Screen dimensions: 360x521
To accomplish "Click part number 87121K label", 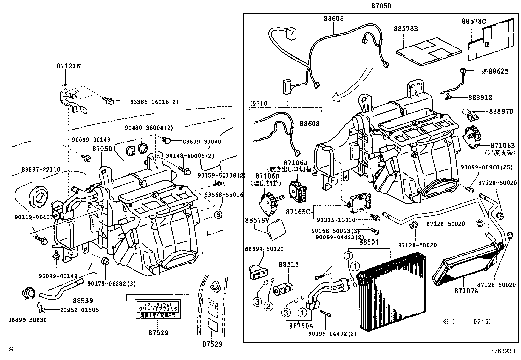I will pos(68,66).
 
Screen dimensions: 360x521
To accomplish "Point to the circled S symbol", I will pos(218,215).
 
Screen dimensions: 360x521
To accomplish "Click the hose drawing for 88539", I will pos(62,287).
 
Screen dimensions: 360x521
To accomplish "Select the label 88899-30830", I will pos(28,320).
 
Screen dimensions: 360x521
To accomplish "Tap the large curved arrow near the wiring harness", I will pos(353,85).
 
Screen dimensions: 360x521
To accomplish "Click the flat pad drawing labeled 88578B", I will pos(429,52).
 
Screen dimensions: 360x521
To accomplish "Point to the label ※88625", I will pos(495,71).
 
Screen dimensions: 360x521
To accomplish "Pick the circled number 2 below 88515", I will pos(268,306).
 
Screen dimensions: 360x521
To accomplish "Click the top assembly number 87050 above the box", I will pos(381,6).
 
